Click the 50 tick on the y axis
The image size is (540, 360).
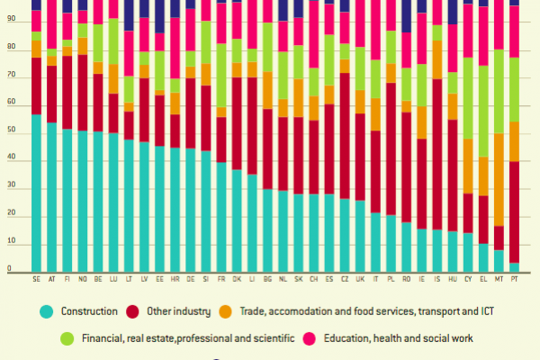(10, 133)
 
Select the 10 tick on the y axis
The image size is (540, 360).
(10, 243)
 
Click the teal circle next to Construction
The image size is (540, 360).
(46, 311)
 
